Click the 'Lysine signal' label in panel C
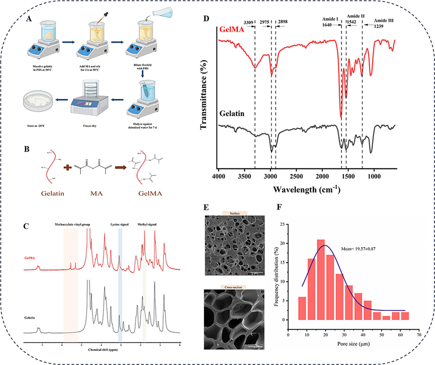coord(119,225)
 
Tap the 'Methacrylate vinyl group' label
coord(71,225)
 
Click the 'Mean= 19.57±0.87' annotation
coord(358,248)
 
